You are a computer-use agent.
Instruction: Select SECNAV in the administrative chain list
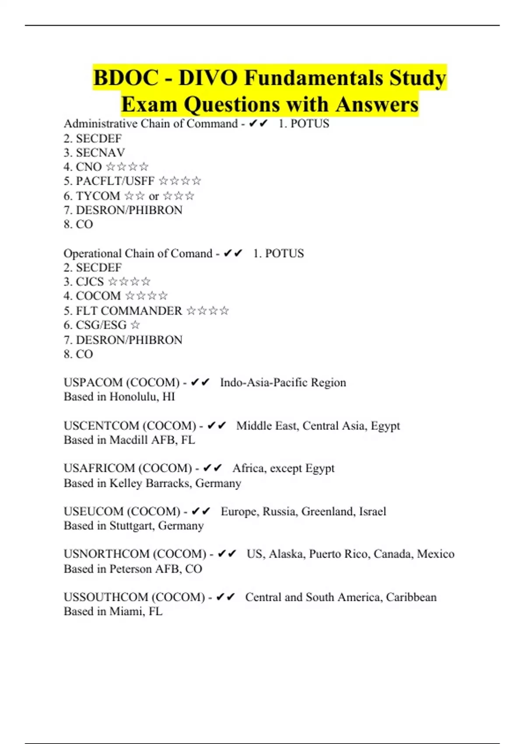[x=100, y=152]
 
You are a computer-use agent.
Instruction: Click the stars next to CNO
[x=127, y=167]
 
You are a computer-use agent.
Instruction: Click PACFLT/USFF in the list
[x=115, y=181]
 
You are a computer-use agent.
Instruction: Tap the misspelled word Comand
[x=191, y=253]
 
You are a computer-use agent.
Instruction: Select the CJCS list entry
[x=90, y=281]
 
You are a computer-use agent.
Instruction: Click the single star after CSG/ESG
[x=135, y=325]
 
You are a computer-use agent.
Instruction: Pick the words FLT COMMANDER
[x=129, y=311]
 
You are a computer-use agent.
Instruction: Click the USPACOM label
[x=93, y=383]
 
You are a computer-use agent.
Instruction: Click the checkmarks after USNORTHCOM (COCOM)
[x=227, y=554]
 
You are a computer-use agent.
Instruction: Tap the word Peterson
[x=131, y=569]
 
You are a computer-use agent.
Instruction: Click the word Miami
[x=126, y=611]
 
